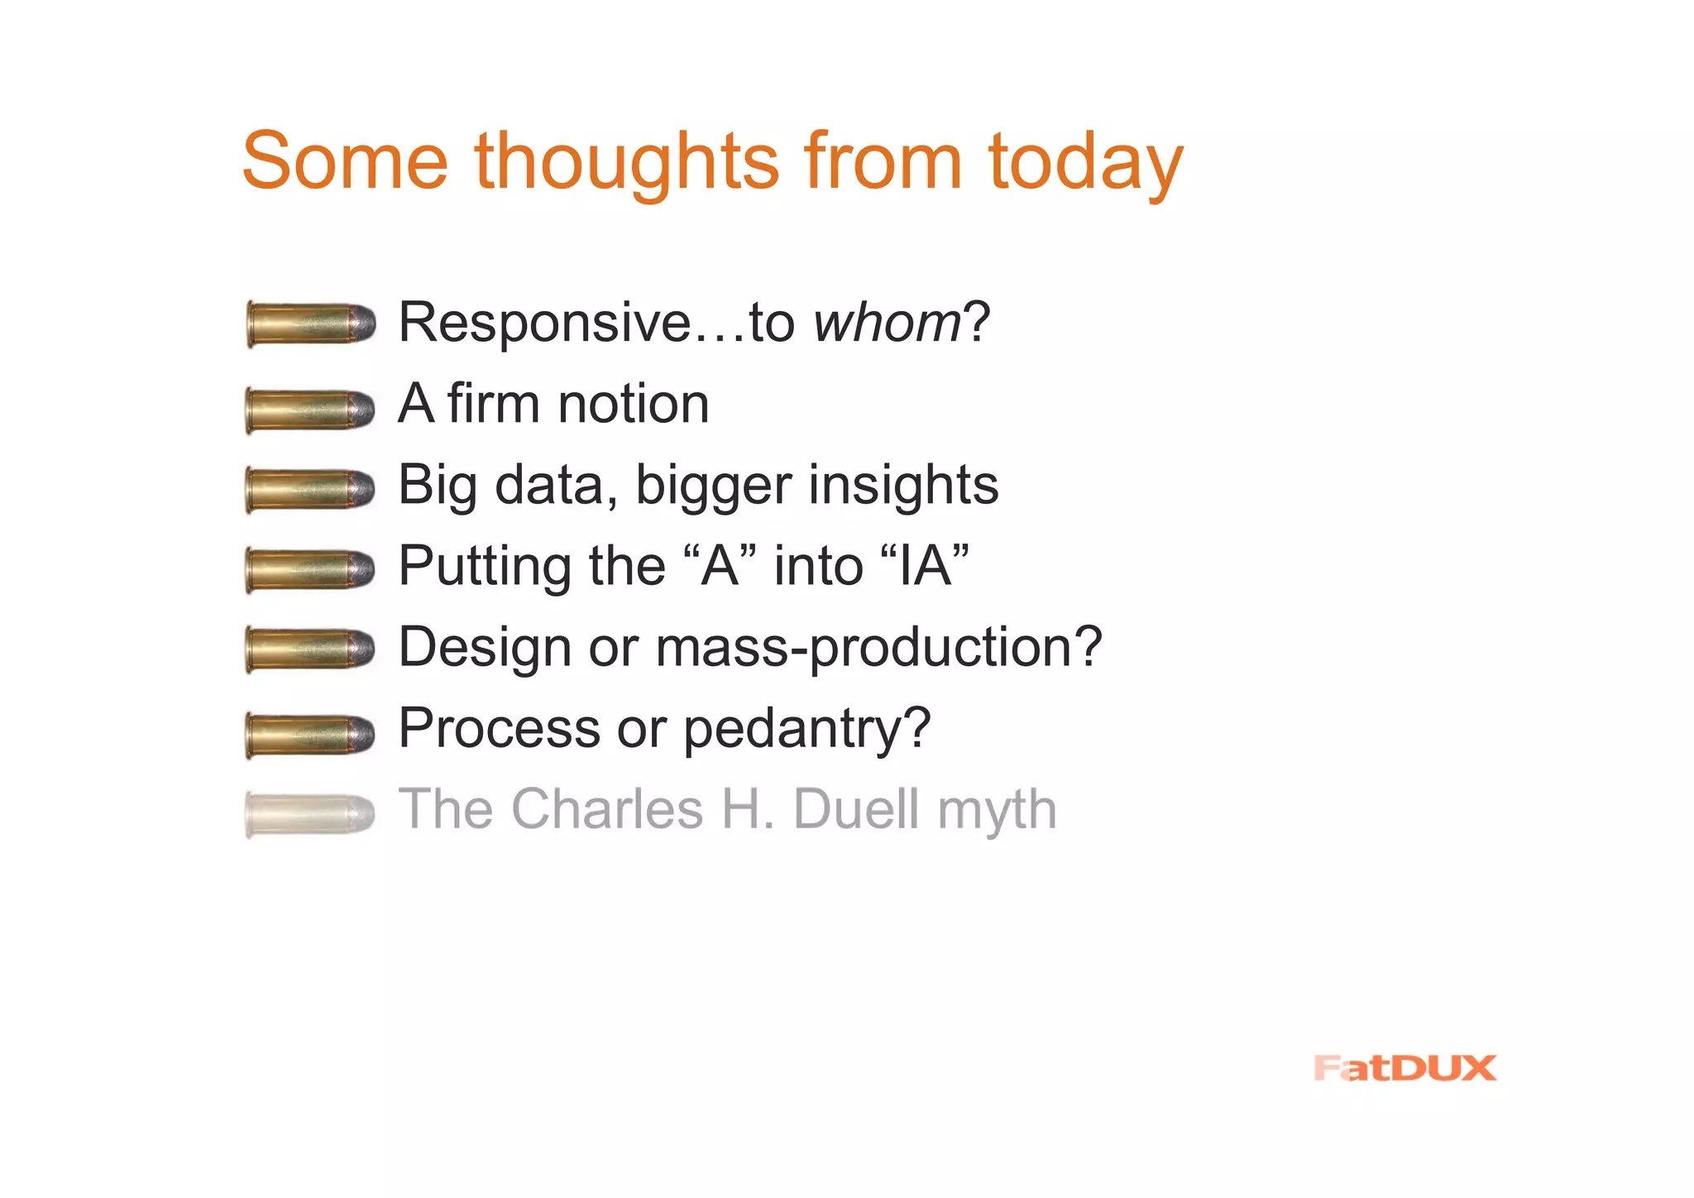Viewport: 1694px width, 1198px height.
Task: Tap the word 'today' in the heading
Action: pos(1085,163)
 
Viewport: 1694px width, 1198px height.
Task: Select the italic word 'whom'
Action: pos(887,322)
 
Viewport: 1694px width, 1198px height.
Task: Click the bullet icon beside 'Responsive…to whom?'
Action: pos(311,323)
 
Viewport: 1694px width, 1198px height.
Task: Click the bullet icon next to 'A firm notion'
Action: pos(310,410)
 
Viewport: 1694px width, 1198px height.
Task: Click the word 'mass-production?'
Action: pos(878,647)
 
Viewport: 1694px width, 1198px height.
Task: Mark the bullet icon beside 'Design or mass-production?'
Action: pos(310,649)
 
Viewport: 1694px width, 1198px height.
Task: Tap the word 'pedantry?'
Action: pos(807,729)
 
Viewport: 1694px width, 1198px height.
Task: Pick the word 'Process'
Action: pos(499,728)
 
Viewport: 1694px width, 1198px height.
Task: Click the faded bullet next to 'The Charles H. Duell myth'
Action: pos(310,813)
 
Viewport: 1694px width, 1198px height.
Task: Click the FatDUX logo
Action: pos(1404,1068)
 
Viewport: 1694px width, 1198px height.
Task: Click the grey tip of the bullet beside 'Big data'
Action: pos(362,488)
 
